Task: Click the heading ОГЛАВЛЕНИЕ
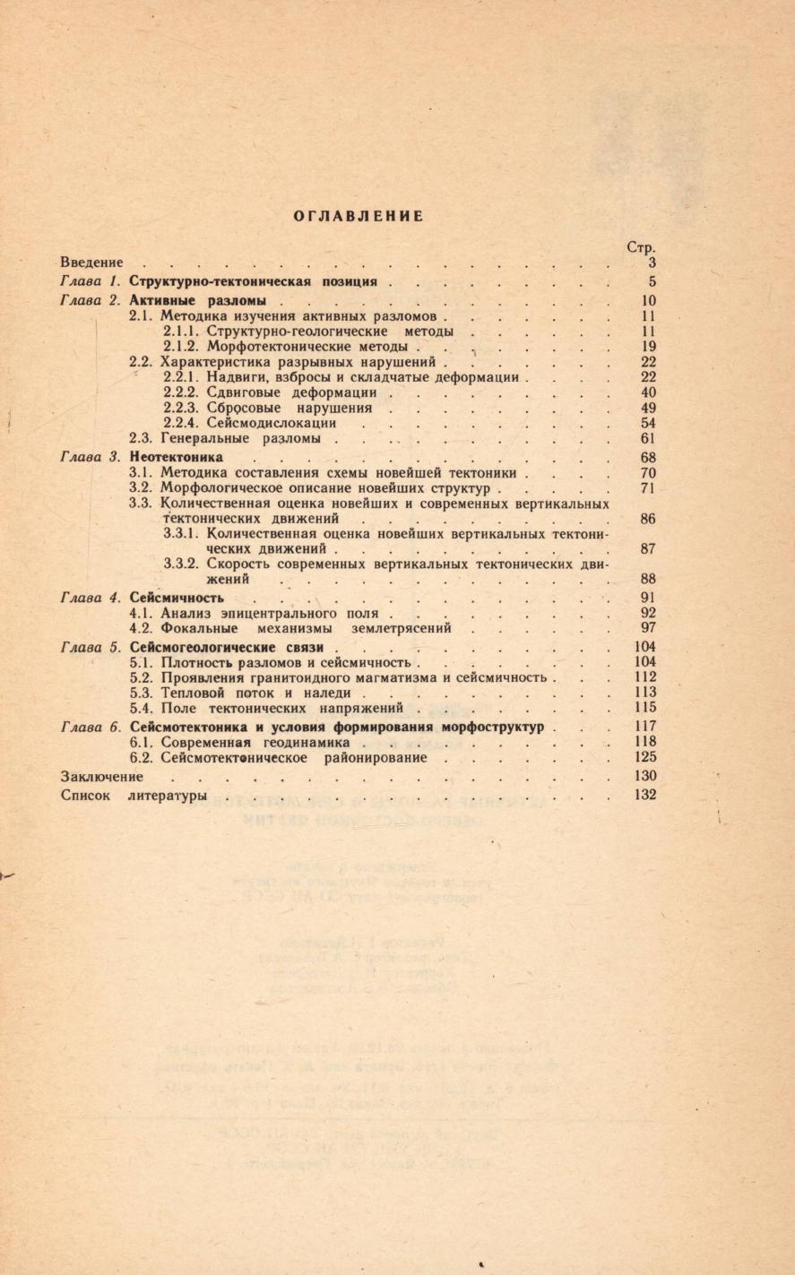[x=359, y=216]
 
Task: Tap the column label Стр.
[x=641, y=246]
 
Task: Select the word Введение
[x=91, y=263]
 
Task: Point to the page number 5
[x=652, y=281]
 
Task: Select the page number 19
[x=649, y=346]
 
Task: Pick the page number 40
[x=649, y=392]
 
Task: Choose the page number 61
[x=649, y=438]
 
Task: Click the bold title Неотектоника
[x=177, y=457]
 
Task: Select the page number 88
[x=649, y=580]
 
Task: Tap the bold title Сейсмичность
[x=177, y=598]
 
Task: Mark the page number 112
[x=644, y=676]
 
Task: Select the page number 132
[x=644, y=795]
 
